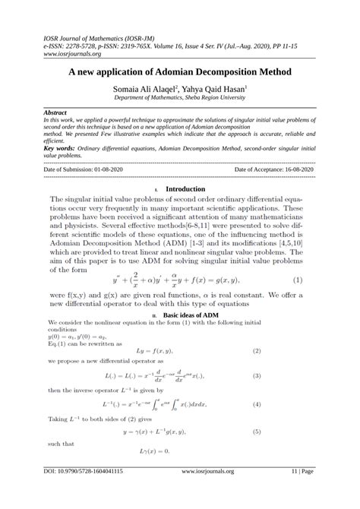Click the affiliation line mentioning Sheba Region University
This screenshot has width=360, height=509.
(x=179, y=98)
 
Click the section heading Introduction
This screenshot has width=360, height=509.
(x=185, y=188)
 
